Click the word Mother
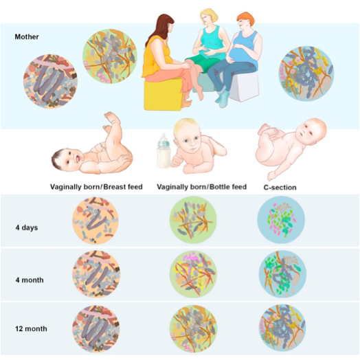27,36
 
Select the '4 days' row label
27,228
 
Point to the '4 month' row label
30,280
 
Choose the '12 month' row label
31,329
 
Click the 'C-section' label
280,188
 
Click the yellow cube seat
163,95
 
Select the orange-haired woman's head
246,20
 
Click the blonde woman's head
209,17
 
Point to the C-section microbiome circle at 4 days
281,220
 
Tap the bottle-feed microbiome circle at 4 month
193,273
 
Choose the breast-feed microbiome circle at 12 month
96,328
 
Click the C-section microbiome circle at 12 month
282,328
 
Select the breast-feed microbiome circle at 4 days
95,221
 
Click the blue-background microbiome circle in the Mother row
306,74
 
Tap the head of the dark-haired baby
66,159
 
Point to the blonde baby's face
190,142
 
